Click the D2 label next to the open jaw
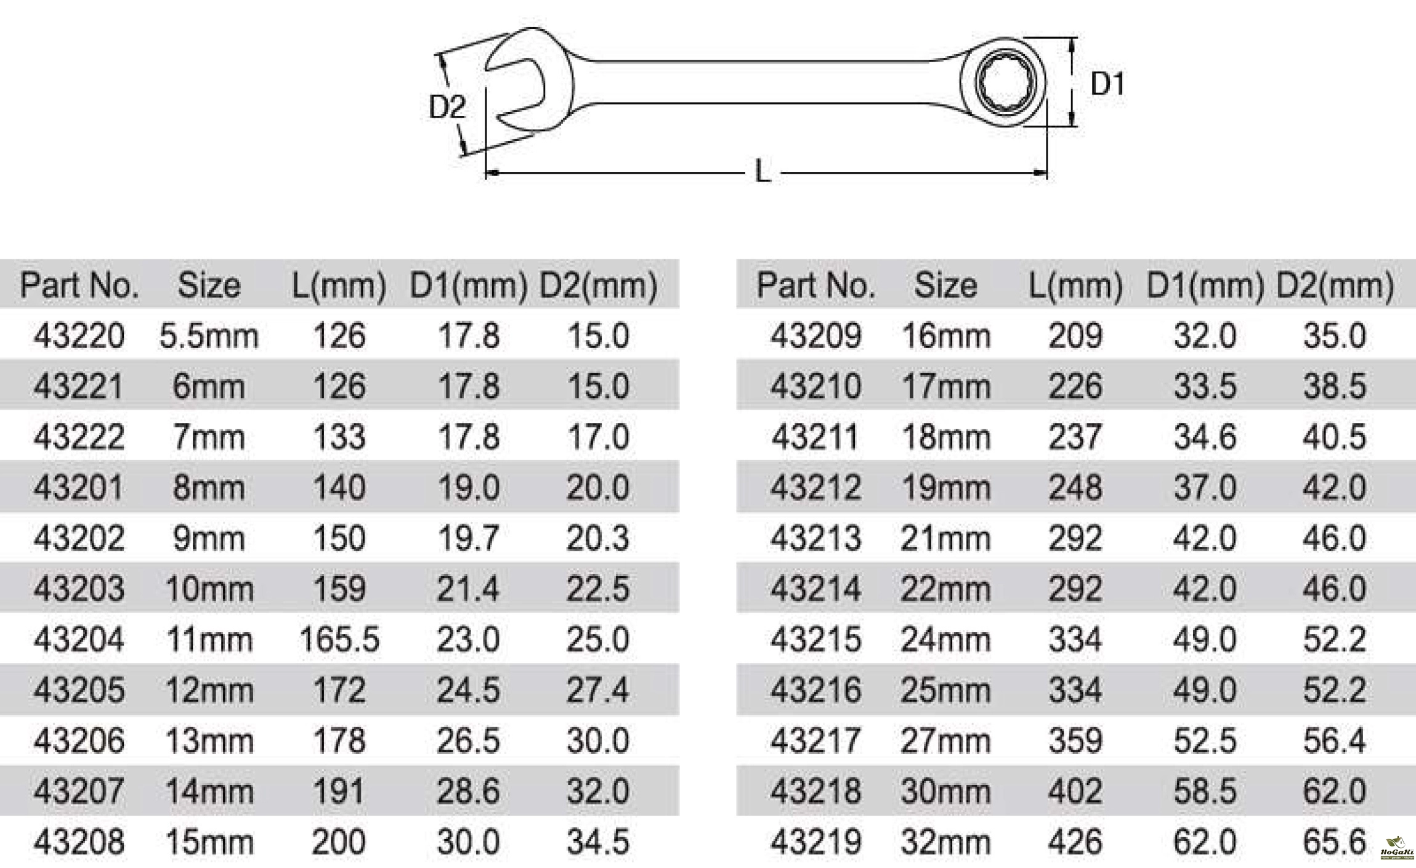pos(447,107)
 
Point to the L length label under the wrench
pos(763,172)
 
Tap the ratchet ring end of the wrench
pos(1002,83)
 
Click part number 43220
pos(79,336)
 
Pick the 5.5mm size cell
pos(209,336)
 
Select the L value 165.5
pos(339,639)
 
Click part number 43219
pos(815,842)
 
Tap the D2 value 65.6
pos(1334,842)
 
